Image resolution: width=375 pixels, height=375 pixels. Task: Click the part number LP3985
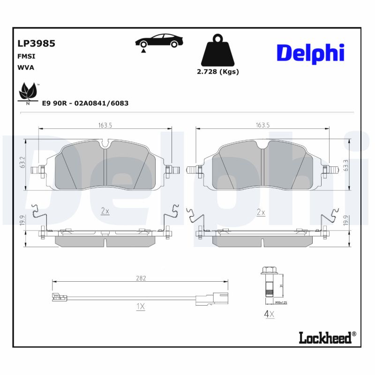click(x=37, y=44)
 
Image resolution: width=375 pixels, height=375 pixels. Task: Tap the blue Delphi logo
click(x=310, y=53)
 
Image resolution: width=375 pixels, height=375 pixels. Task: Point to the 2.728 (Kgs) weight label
click(x=217, y=72)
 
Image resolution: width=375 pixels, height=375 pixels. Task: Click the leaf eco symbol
click(x=28, y=93)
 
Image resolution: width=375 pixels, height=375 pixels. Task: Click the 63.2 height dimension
click(x=22, y=162)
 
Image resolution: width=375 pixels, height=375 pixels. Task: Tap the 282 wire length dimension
click(x=141, y=278)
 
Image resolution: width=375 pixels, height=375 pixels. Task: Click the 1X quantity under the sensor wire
click(x=141, y=307)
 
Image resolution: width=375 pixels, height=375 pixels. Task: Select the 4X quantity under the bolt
click(x=269, y=314)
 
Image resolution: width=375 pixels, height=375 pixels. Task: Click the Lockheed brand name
click(x=325, y=337)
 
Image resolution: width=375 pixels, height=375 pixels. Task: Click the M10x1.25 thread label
click(x=280, y=303)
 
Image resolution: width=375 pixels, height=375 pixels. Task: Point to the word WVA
click(x=26, y=67)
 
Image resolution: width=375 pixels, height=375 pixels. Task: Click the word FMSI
click(x=26, y=56)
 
